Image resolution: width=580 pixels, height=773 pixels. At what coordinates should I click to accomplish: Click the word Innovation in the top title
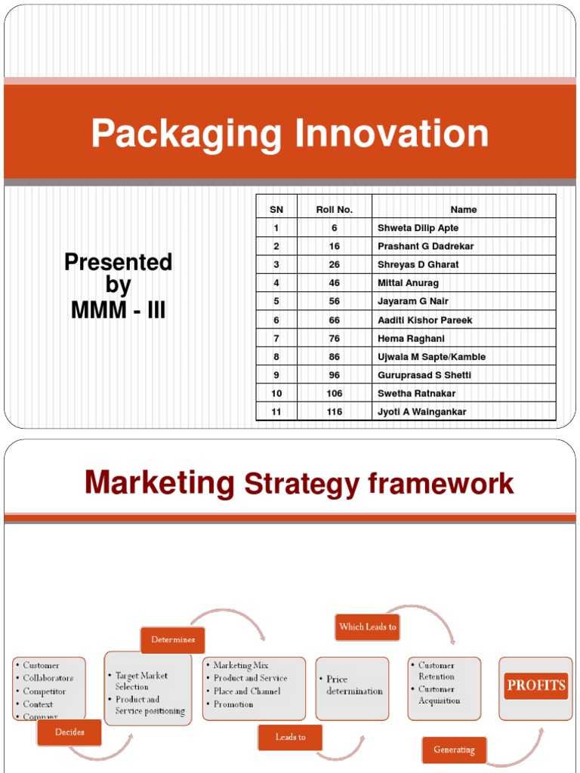click(391, 134)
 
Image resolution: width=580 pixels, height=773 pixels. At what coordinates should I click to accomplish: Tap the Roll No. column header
click(334, 210)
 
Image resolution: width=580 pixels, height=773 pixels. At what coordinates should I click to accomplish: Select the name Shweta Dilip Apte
click(418, 228)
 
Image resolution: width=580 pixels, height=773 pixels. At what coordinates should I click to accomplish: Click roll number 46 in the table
click(334, 283)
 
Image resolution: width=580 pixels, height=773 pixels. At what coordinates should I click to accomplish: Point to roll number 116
click(334, 412)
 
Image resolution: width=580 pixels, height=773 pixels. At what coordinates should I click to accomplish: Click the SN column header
click(276, 210)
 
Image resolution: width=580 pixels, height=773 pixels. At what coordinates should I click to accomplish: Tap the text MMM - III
click(118, 310)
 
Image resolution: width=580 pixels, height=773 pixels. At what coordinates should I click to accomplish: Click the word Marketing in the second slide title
click(159, 483)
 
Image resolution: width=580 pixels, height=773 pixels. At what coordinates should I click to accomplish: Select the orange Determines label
click(173, 639)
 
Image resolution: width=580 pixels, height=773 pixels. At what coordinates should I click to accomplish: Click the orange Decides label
click(69, 731)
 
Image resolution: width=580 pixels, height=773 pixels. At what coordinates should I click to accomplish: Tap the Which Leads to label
click(368, 627)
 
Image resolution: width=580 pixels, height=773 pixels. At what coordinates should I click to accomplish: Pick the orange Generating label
click(454, 750)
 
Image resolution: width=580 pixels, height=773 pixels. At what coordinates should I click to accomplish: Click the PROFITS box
click(536, 685)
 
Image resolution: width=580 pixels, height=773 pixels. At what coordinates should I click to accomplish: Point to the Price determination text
click(354, 685)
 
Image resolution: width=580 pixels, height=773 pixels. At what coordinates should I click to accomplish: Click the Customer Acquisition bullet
click(439, 694)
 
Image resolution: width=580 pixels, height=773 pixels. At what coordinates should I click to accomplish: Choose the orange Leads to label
click(290, 737)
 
